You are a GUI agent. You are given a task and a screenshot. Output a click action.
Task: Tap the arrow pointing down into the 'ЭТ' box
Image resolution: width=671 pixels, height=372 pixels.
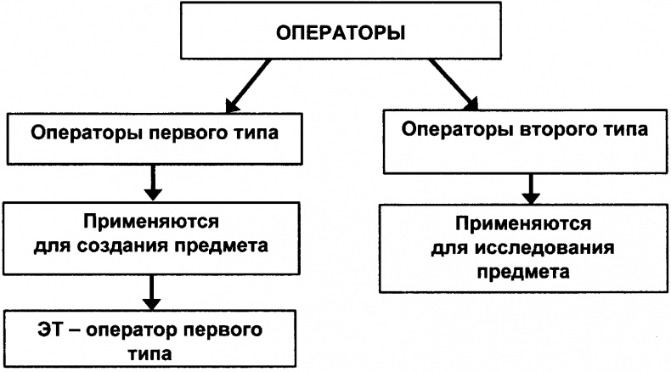(x=152, y=292)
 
